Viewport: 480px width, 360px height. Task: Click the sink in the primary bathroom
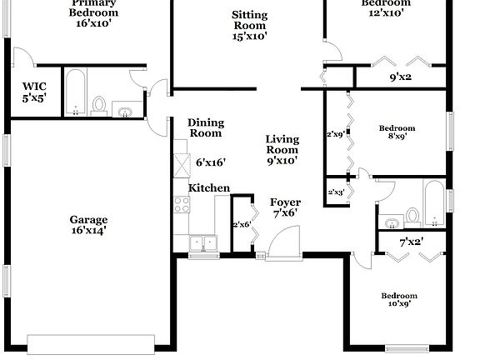126,110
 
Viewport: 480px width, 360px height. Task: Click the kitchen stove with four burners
180,207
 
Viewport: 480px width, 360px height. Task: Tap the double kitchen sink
202,243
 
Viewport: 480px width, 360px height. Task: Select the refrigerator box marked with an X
181,165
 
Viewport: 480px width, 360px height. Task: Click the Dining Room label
205,127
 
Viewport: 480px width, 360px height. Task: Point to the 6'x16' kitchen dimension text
211,162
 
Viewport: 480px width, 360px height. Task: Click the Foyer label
285,202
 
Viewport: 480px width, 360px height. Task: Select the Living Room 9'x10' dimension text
282,160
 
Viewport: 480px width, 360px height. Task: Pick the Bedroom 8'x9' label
397,132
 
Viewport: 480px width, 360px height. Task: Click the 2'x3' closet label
337,192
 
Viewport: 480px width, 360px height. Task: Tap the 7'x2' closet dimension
412,242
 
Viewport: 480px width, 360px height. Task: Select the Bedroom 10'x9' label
399,299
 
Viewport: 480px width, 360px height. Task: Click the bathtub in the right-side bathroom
433,204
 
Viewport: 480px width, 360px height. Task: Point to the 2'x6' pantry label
241,224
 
